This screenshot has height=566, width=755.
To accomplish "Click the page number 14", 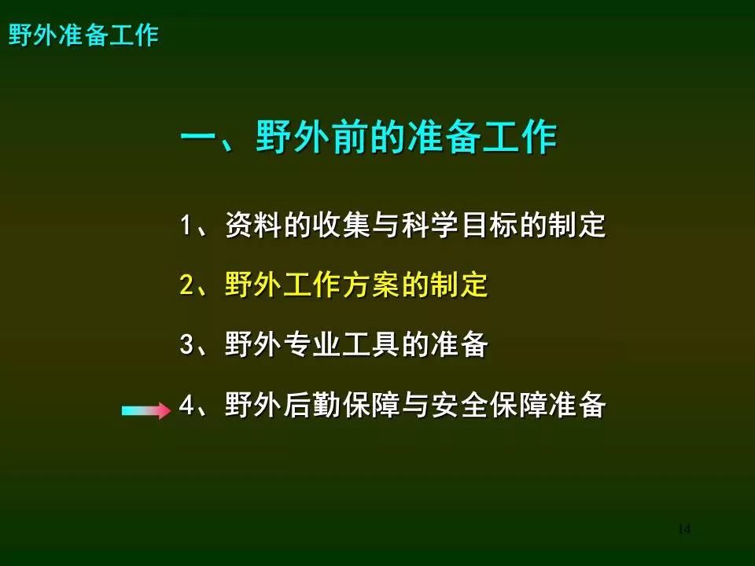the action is click(x=683, y=529).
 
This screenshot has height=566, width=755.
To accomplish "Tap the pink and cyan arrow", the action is click(x=146, y=410).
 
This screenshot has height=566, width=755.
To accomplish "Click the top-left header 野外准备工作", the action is click(x=84, y=35).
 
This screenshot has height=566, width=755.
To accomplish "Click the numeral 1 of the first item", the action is click(x=186, y=225).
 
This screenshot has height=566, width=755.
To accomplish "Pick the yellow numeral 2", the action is click(x=187, y=285).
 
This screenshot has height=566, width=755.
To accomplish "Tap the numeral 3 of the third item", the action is click(x=187, y=344).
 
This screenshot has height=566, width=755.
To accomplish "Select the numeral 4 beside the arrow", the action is click(x=187, y=404).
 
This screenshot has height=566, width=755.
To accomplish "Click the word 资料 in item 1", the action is click(x=254, y=225).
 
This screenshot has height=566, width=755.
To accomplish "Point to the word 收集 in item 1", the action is click(x=342, y=225).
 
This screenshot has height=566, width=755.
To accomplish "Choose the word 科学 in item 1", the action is click(x=430, y=225).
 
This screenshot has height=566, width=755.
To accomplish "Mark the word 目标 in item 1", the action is click(x=488, y=225).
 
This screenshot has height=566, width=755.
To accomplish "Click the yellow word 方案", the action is click(x=371, y=285).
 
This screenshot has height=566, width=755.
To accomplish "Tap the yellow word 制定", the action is click(x=459, y=285).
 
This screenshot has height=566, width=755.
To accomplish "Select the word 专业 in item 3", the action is click(x=312, y=344).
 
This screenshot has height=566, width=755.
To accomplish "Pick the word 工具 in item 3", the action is click(x=371, y=344).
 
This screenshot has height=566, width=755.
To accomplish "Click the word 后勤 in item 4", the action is click(x=312, y=404).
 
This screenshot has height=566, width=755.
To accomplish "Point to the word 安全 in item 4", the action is click(x=459, y=404).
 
